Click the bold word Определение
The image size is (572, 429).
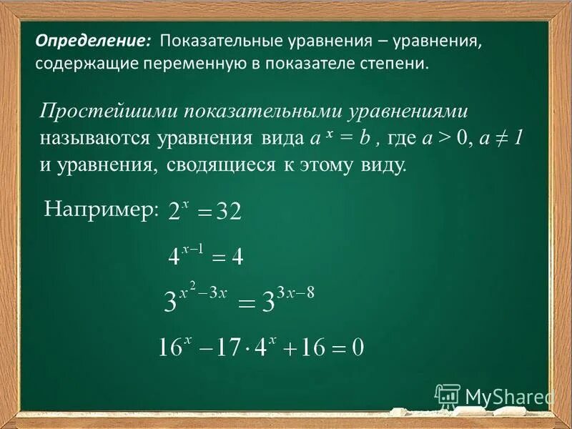[92, 41]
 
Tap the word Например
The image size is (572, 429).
[100, 208]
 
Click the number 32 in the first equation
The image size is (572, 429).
[230, 212]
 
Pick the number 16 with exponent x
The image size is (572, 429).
[172, 348]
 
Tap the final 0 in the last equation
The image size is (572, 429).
[357, 348]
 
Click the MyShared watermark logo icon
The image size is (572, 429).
[448, 395]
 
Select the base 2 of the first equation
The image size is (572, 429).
[174, 212]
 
